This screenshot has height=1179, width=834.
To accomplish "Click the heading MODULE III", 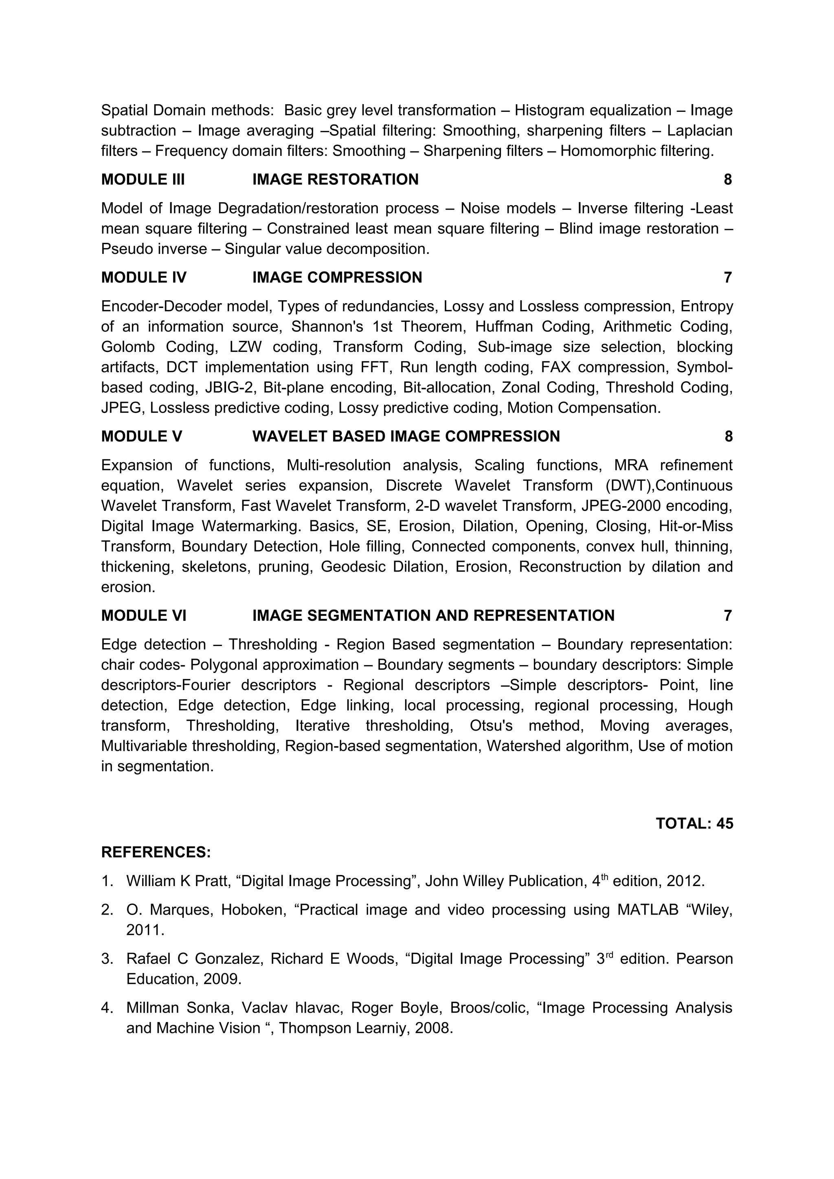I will (143, 180).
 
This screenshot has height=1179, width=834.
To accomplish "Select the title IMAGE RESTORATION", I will (335, 180).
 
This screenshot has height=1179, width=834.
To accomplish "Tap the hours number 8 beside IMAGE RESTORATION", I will (728, 180).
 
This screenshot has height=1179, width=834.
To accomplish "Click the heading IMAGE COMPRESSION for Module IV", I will (337, 278).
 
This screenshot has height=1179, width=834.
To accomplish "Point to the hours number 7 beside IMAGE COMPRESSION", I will (728, 278).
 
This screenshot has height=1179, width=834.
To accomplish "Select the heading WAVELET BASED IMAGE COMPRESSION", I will (406, 437).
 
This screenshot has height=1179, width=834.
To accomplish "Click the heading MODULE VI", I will (144, 616).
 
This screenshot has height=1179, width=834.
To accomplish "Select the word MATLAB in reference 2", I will (648, 910).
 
